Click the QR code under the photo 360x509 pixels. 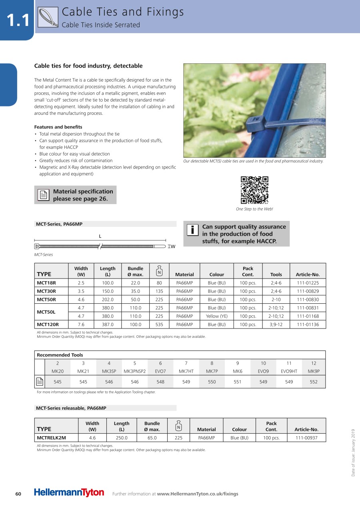coord(254,190)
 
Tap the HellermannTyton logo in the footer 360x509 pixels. coord(69,493)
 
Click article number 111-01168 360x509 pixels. coord(308,316)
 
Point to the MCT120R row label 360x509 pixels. coord(48,325)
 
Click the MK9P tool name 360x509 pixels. coord(314,371)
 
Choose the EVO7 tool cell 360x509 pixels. coord(160,371)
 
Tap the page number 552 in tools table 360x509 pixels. coord(314,382)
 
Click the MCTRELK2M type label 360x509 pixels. coord(51,438)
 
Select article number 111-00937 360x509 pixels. coord(306,438)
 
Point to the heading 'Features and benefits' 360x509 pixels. coord(58,127)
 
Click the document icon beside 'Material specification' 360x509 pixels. coord(43,195)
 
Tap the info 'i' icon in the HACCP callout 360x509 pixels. coord(192,230)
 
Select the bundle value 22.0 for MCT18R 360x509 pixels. coord(135,283)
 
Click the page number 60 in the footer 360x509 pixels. coord(18,494)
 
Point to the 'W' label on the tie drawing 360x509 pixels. coord(173,246)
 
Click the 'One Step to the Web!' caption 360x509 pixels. coord(254,209)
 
